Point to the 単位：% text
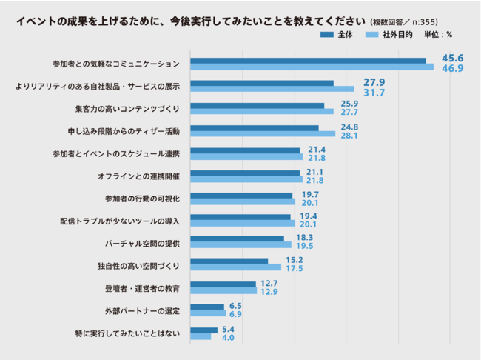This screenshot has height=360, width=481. point(437,36)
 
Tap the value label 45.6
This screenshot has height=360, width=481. point(453,59)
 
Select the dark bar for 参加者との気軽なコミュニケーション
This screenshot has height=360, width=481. point(308,61)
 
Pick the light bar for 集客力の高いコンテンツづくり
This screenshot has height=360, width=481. point(262,112)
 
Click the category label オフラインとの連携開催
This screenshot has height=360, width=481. point(138,176)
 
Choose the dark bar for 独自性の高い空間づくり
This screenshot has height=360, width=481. point(229,260)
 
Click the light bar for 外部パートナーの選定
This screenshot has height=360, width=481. point(208,314)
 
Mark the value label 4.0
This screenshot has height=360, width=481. point(228,338)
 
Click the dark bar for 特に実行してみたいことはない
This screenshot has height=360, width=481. point(204,330)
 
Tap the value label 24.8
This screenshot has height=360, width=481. point(328,127)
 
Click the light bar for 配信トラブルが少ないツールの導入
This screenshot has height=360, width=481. point(243,223)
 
